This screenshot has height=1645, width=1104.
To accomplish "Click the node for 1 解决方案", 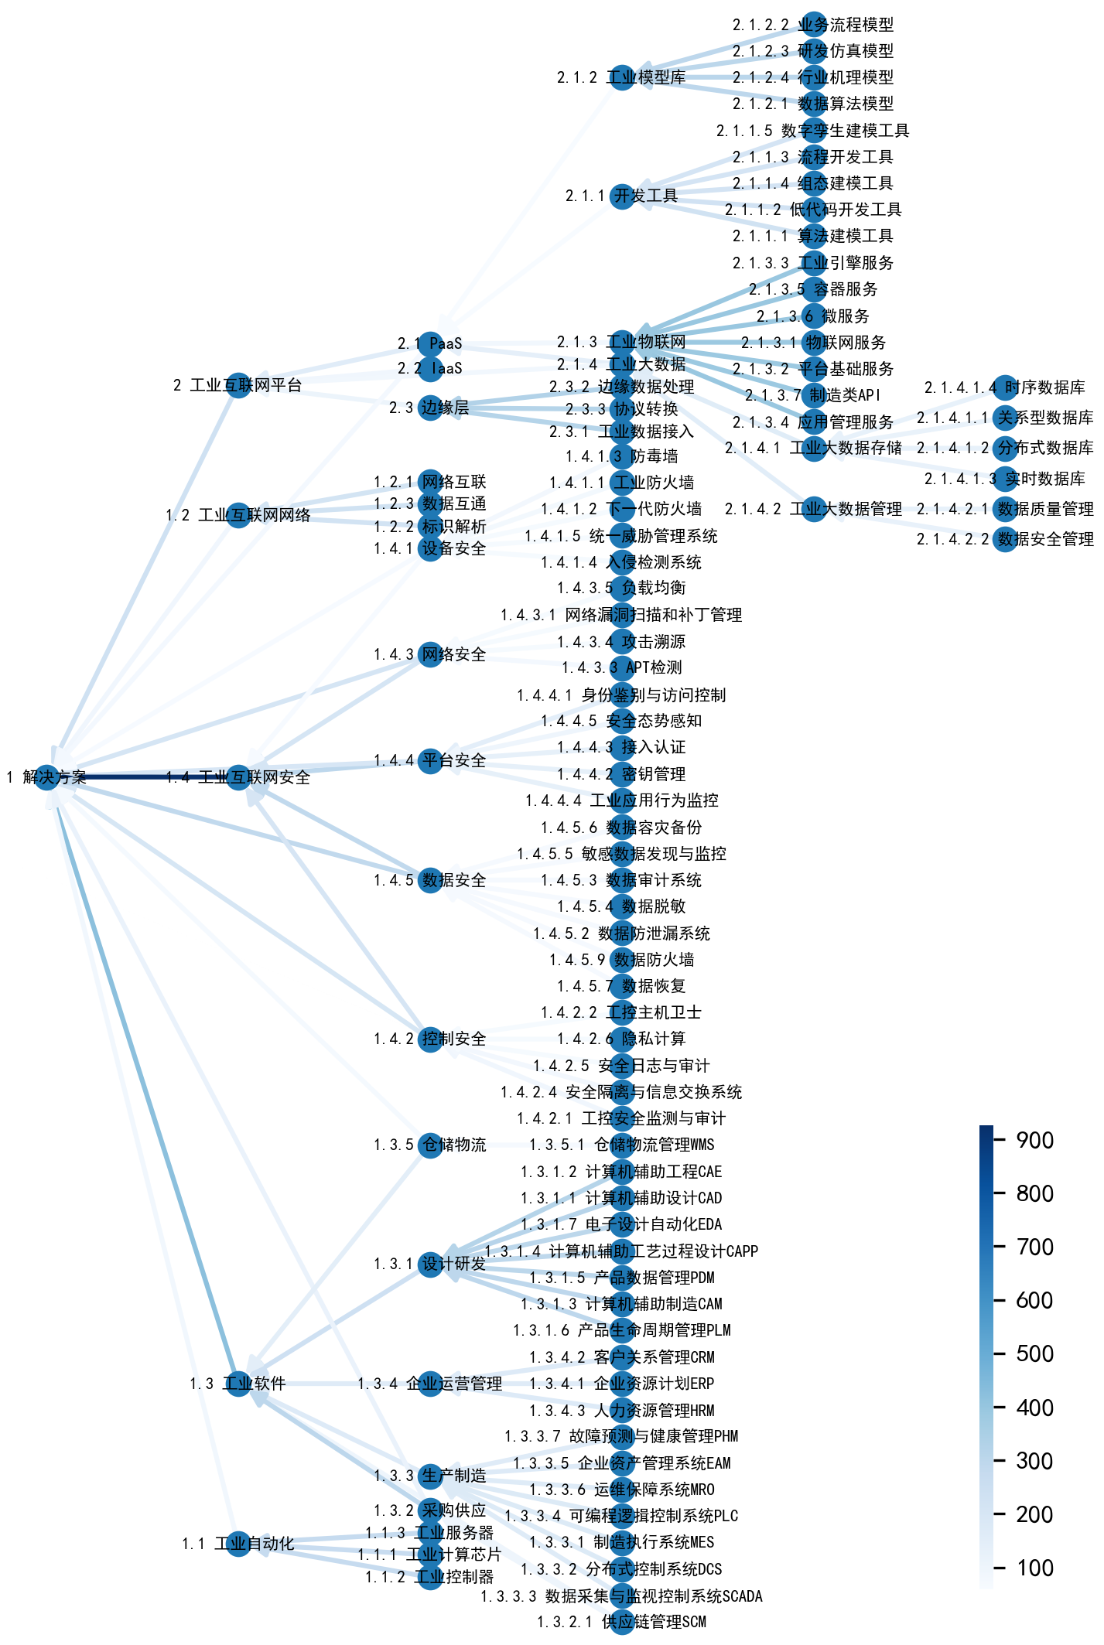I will [x=47, y=777].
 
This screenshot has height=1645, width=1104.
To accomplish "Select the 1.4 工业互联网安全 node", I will [x=238, y=777].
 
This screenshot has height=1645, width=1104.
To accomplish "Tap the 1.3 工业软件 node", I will [x=238, y=1384].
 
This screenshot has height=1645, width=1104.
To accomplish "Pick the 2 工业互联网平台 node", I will [x=238, y=385].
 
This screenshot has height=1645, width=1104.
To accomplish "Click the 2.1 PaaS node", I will [x=430, y=343].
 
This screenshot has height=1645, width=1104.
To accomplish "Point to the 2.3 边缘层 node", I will [x=430, y=408].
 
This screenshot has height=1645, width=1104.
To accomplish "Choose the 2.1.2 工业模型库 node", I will [x=622, y=77].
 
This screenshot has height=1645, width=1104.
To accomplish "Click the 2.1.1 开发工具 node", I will [x=622, y=196].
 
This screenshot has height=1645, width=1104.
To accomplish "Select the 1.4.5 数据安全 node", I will [x=430, y=880].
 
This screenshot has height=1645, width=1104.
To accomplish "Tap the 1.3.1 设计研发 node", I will [x=430, y=1264].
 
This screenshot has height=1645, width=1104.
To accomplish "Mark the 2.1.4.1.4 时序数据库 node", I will [x=1005, y=387].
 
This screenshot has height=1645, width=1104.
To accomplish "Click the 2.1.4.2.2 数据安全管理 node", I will [x=1005, y=539].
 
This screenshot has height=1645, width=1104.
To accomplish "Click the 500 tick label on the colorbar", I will [x=1034, y=1354].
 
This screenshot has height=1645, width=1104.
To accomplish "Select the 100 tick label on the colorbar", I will [x=1034, y=1568].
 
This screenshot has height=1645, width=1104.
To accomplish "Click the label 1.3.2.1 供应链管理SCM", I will [x=621, y=1622].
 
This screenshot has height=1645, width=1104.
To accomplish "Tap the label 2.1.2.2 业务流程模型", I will [x=812, y=25].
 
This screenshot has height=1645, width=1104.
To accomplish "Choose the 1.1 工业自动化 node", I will [x=238, y=1544].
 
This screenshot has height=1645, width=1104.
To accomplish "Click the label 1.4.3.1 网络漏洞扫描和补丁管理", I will [x=621, y=615].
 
